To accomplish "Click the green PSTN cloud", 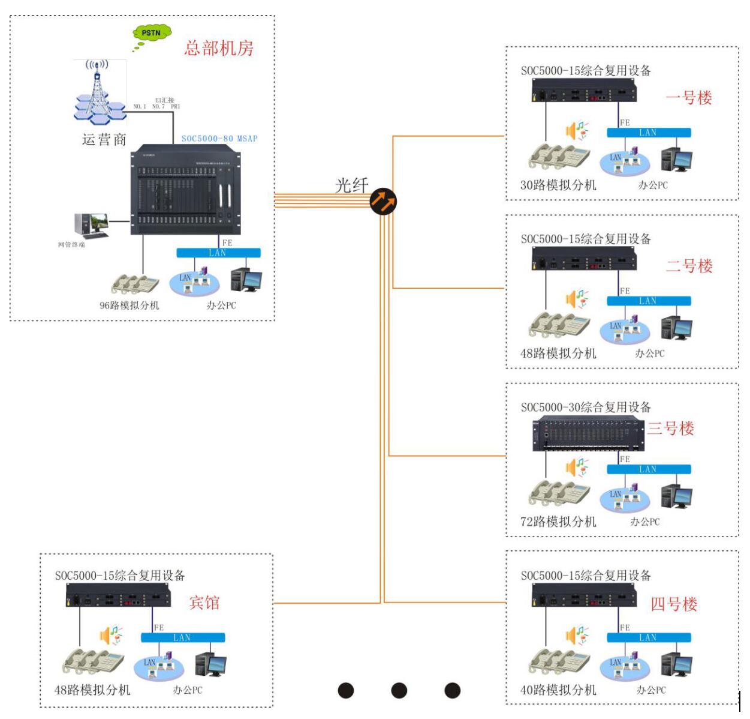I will pos(152,34).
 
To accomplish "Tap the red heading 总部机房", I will pos(218,48).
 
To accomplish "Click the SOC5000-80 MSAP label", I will pos(219,139).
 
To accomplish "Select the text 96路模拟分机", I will pos(129,305).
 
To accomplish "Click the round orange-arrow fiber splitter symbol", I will pos(383,202).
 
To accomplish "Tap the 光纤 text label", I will pos(351,185).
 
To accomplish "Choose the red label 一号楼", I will pos(689,98).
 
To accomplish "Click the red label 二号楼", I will pos(689,266).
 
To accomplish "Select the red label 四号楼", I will pos(674,604).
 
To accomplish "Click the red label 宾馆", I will pos(204,603).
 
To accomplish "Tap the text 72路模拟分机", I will pos(558,522).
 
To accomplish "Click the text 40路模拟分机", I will pos(558,690).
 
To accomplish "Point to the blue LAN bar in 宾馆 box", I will pos(183,637).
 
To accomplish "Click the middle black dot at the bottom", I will pos(399,691).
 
